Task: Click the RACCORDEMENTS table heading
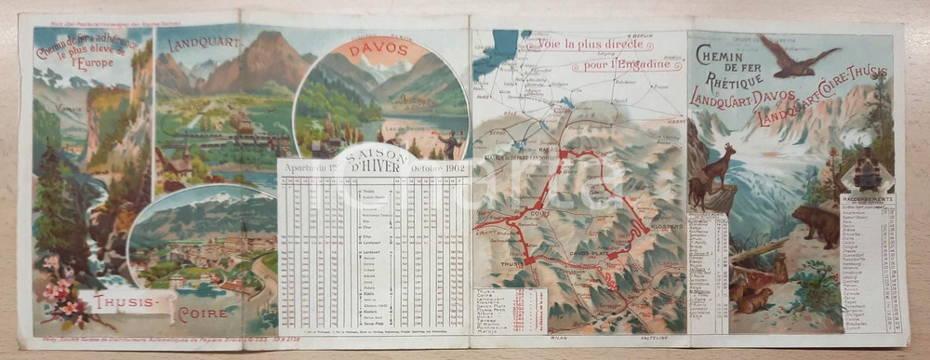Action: [867, 197]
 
